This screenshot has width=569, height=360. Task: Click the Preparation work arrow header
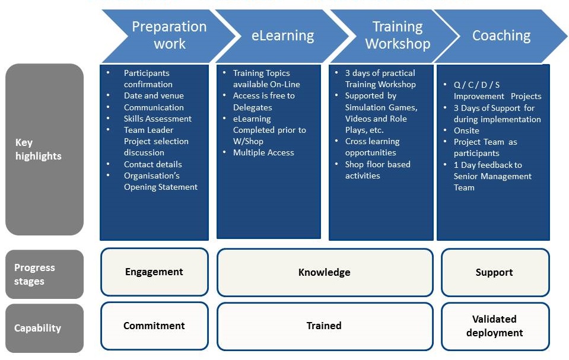pos(169,36)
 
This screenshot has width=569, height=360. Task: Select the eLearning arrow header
pos(282,36)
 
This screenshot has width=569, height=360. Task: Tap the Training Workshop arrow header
pos(398,36)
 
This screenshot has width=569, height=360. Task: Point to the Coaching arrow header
pos(501,36)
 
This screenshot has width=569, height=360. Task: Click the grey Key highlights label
pos(44,149)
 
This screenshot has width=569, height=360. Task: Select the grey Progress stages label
pos(44,275)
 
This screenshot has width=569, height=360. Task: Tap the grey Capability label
pos(44,328)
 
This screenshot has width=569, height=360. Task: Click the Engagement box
pos(154,272)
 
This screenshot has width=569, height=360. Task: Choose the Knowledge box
pos(325,272)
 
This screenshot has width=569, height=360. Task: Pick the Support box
pos(495,272)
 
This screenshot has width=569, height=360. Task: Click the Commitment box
pos(154,326)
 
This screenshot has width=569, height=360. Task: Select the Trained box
pos(325,326)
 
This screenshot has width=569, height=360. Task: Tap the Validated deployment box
pos(495,326)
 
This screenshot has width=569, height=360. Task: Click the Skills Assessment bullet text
pos(157,119)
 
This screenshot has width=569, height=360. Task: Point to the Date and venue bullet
pos(154,96)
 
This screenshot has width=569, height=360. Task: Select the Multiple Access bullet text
pos(263,152)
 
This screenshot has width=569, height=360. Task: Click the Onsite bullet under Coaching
pos(466,130)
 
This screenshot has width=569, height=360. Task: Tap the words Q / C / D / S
pos(476,85)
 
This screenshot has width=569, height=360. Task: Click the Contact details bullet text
pos(152,164)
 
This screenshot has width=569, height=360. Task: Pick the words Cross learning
pos(373,142)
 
